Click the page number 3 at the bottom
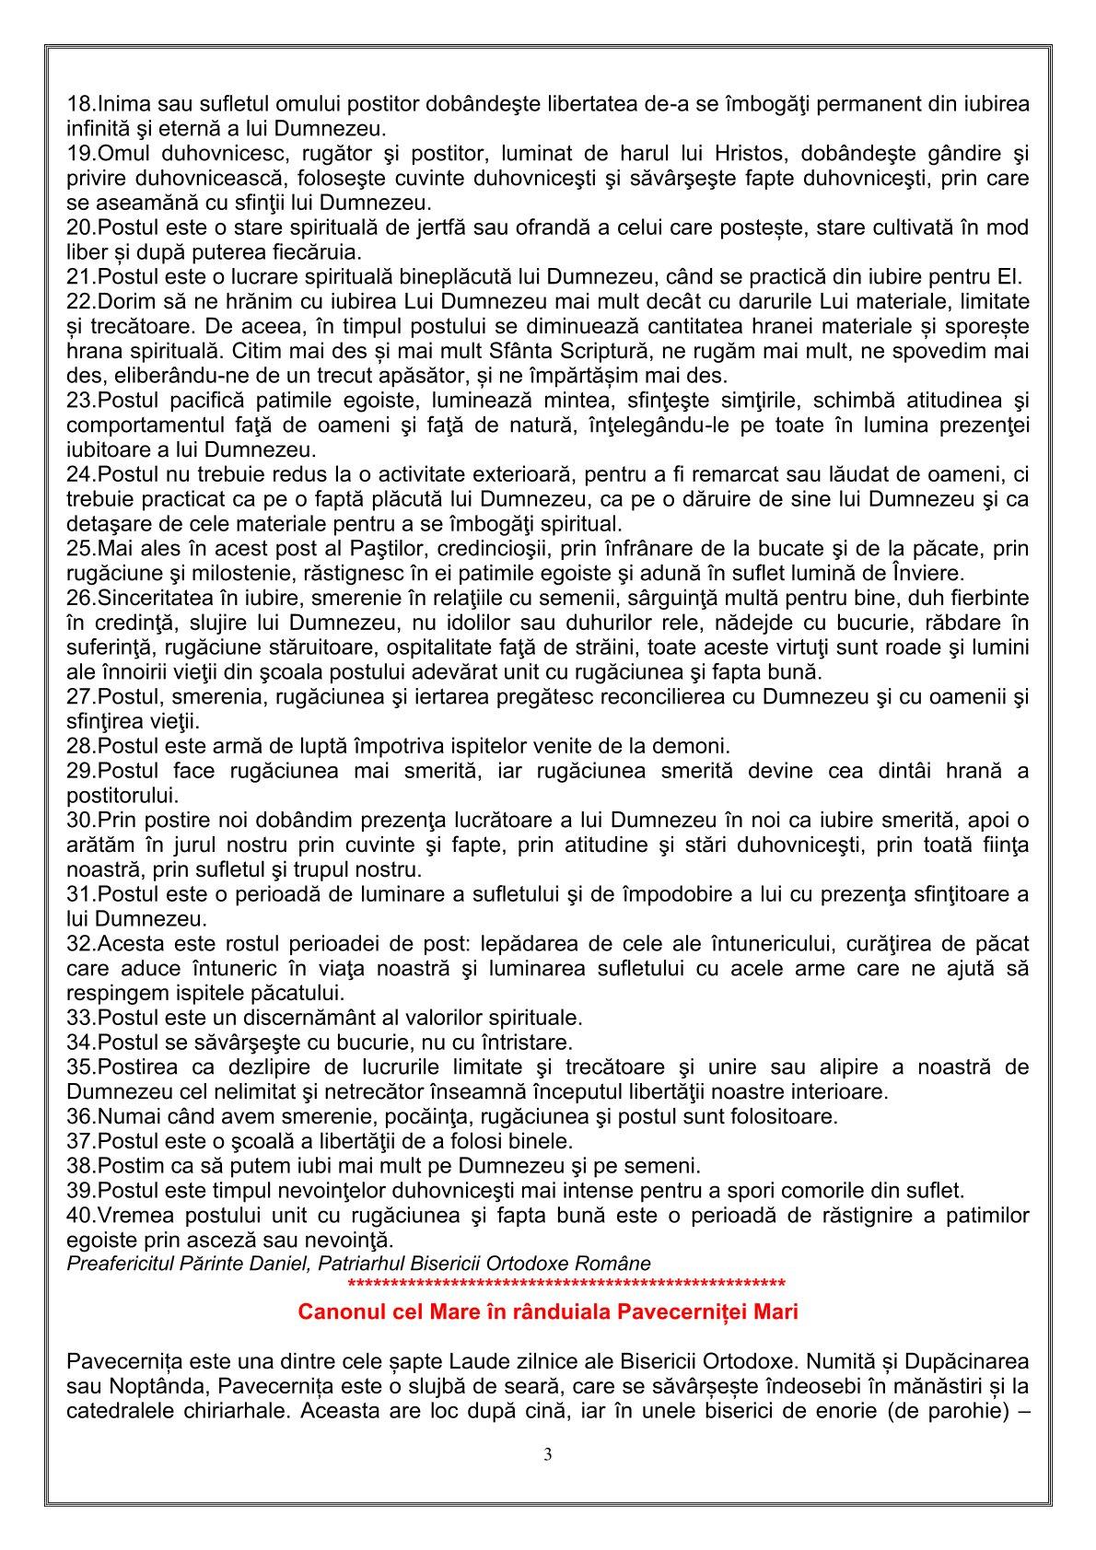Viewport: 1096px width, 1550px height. pyautogui.click(x=548, y=1455)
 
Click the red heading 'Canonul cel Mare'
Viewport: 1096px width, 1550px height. pyautogui.click(x=547, y=1312)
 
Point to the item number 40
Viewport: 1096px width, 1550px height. pyautogui.click(x=79, y=1216)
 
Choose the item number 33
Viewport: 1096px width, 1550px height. pyautogui.click(x=79, y=1018)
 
